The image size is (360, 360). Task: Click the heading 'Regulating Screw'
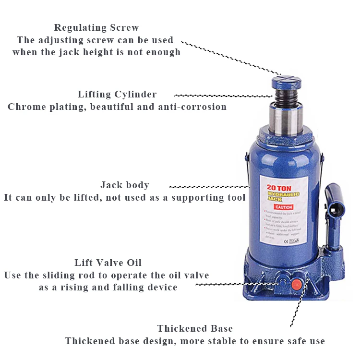coord(96,27)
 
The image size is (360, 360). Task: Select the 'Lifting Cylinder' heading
coord(117,94)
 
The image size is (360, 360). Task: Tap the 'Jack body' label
coord(125,185)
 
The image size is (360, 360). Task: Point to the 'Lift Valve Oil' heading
coord(108,263)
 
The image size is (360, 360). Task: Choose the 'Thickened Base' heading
coord(195,329)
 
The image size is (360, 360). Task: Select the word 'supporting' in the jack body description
coord(199,197)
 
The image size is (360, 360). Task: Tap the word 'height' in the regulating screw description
coord(112,52)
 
